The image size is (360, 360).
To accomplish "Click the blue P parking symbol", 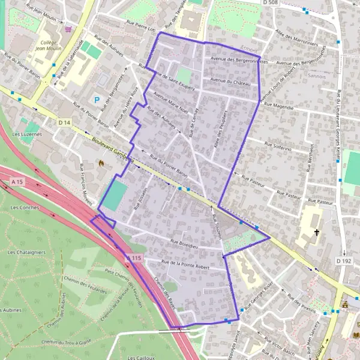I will (x=96, y=100).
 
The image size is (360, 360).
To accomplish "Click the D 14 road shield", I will (x=65, y=122).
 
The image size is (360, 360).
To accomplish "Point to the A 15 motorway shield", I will (x=17, y=180).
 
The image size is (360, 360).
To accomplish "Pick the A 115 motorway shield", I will (x=135, y=258).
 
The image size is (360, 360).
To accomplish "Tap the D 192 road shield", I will (x=343, y=261).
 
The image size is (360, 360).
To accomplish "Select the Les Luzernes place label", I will (x=27, y=134).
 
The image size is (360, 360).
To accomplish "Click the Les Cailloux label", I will (x=142, y=357).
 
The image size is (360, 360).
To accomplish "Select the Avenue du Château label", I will (x=230, y=82).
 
